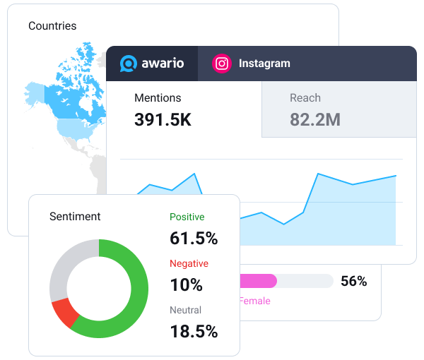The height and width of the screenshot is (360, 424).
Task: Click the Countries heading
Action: click(x=52, y=26)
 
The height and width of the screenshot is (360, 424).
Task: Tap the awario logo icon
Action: click(x=128, y=64)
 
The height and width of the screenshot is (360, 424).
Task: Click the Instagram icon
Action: click(x=222, y=64)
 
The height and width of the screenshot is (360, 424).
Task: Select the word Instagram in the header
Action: click(x=264, y=64)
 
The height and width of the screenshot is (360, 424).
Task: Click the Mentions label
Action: click(x=158, y=98)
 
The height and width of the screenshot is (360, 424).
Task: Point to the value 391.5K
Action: click(x=163, y=119)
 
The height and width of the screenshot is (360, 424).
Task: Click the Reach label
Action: click(x=305, y=98)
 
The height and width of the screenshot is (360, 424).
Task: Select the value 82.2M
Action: click(x=315, y=119)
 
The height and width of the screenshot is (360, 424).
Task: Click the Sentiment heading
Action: click(x=75, y=217)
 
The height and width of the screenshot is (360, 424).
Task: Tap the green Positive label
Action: click(x=187, y=217)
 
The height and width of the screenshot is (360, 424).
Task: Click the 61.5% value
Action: click(x=194, y=239)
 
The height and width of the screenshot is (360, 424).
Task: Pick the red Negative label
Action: click(x=189, y=263)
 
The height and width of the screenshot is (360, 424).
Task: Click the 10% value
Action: click(x=186, y=285)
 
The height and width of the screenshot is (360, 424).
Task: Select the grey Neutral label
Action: click(x=185, y=310)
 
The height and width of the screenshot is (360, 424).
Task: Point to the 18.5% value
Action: click(x=194, y=332)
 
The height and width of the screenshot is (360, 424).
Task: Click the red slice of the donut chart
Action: click(x=64, y=313)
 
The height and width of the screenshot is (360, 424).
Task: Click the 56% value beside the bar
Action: click(x=353, y=282)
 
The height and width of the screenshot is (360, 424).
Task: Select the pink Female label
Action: click(x=255, y=301)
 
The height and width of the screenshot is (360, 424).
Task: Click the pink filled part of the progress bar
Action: click(x=259, y=281)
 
